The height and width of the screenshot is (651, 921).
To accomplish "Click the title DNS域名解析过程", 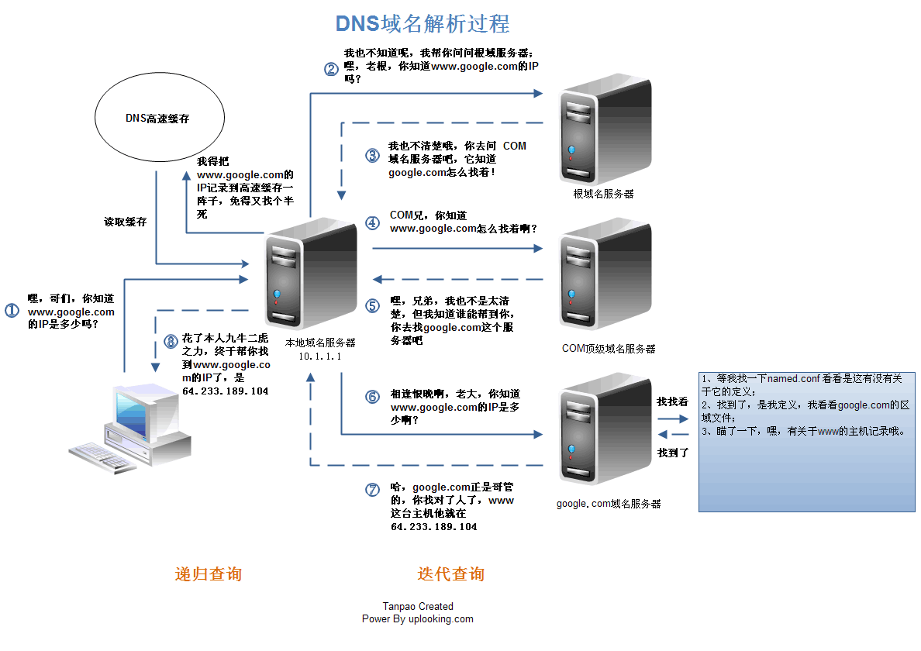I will pyautogui.click(x=423, y=23).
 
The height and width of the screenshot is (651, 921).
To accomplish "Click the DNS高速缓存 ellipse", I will pyautogui.click(x=159, y=119).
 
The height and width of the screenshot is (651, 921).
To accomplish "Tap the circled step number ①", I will pyautogui.click(x=12, y=311).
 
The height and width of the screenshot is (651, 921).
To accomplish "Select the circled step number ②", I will pyautogui.click(x=331, y=68).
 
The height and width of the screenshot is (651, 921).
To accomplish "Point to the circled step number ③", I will pyautogui.click(x=373, y=155).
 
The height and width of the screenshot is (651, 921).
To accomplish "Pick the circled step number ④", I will pyautogui.click(x=373, y=222).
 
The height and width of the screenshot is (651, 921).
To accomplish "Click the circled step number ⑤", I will pyautogui.click(x=373, y=305).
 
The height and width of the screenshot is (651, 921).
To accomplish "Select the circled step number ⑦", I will pyautogui.click(x=373, y=490).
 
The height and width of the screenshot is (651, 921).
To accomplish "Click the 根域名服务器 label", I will pyautogui.click(x=603, y=194).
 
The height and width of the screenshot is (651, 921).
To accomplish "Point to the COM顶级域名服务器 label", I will pyautogui.click(x=609, y=349).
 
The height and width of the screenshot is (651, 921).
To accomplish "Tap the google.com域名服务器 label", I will pyautogui.click(x=609, y=504).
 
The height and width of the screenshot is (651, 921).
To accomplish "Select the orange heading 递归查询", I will pyautogui.click(x=208, y=574).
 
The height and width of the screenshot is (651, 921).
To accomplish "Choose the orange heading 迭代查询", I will pyautogui.click(x=450, y=574).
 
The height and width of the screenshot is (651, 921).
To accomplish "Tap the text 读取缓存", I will pyautogui.click(x=126, y=222).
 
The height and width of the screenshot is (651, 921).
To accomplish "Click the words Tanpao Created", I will pyautogui.click(x=417, y=607).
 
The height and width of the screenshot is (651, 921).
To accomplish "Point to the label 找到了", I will pyautogui.click(x=673, y=453).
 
